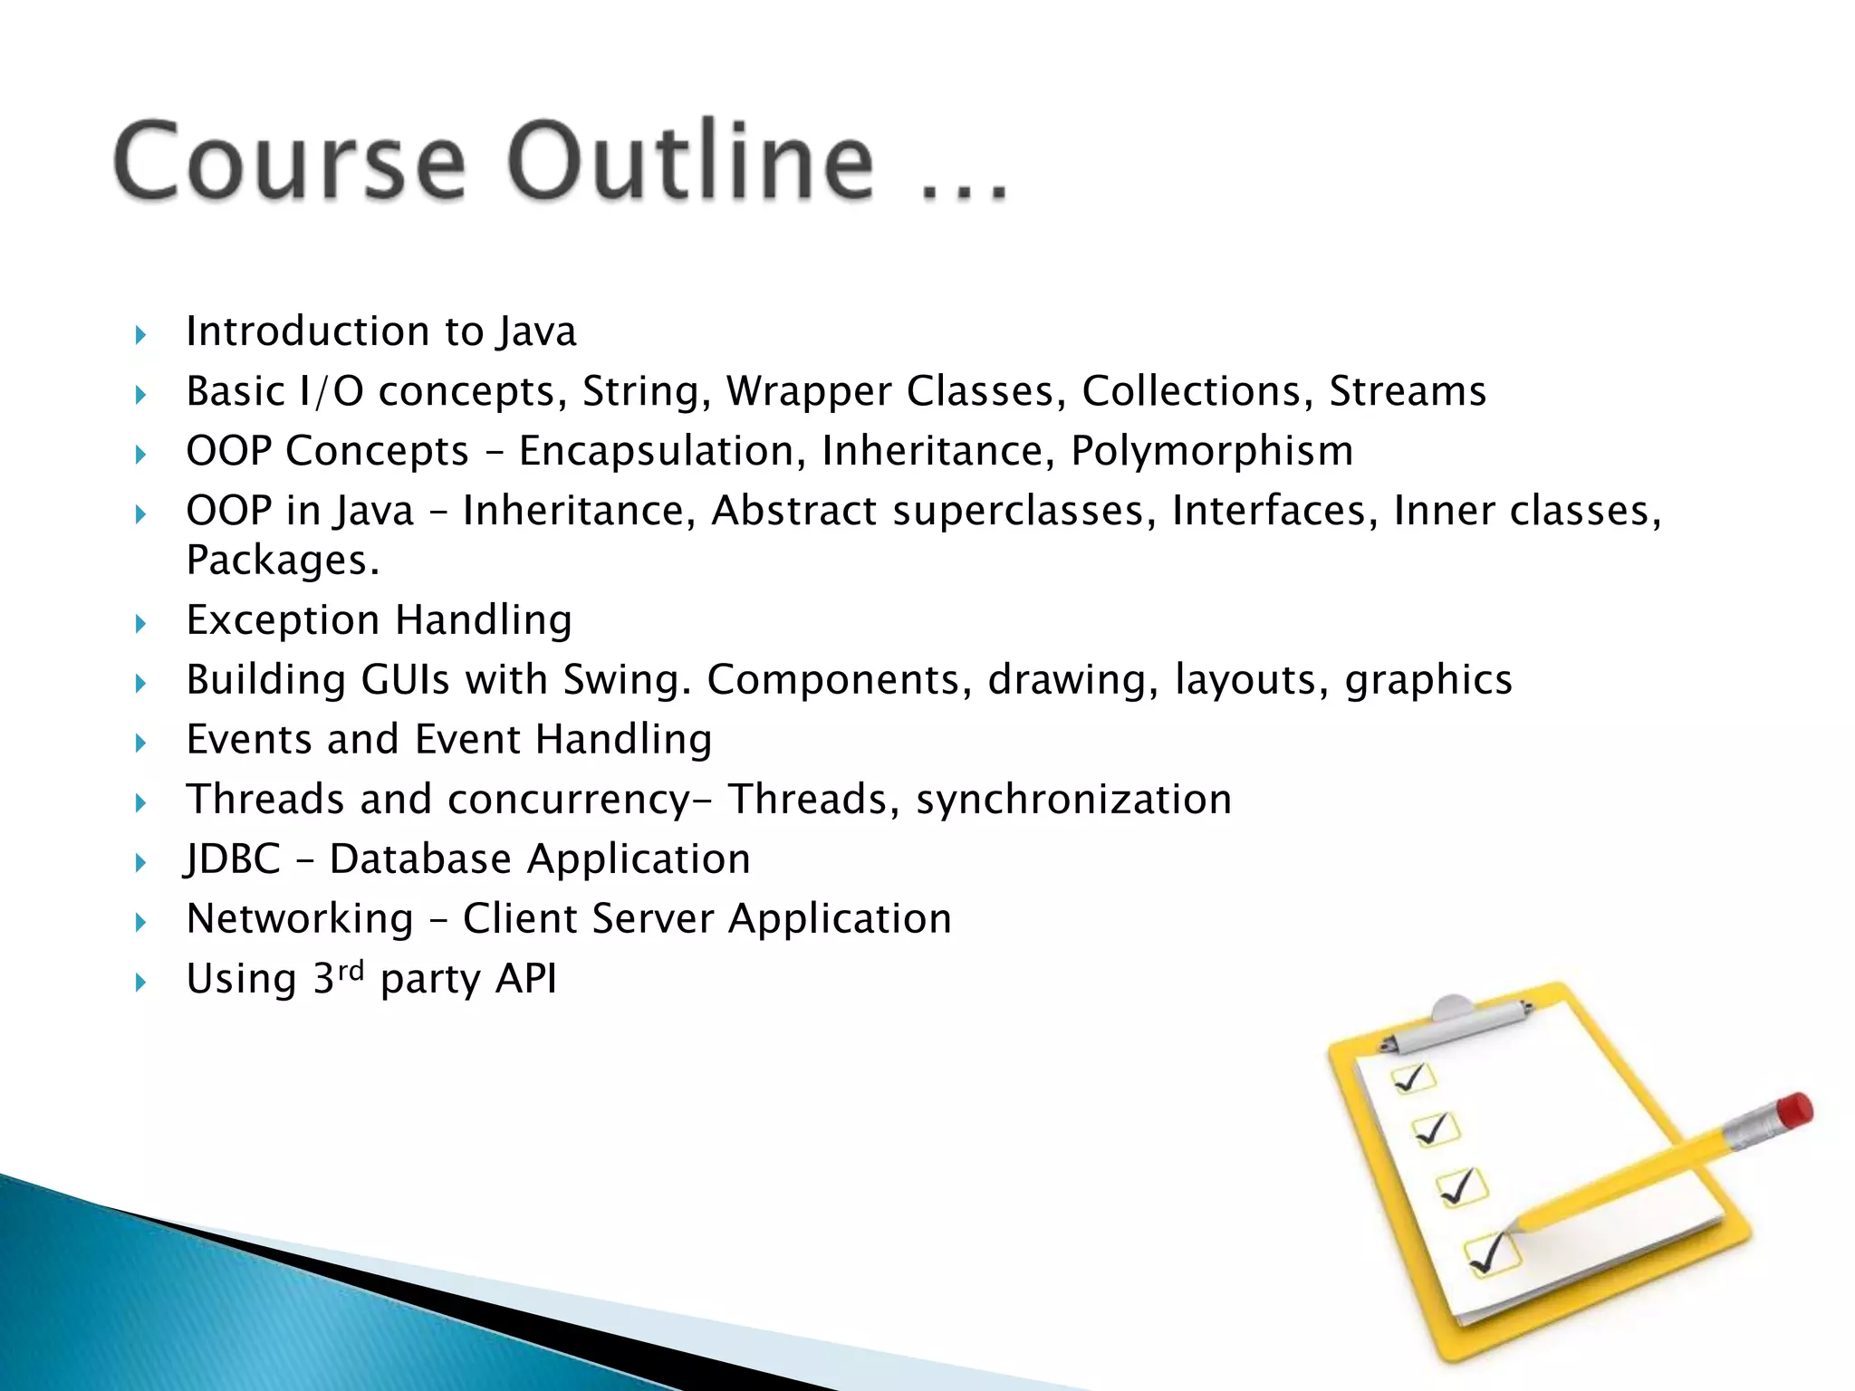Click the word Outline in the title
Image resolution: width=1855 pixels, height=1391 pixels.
692,161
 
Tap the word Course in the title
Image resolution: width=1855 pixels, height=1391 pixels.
290,161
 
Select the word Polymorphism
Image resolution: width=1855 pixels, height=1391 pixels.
1212,452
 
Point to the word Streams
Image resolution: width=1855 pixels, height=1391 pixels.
1408,392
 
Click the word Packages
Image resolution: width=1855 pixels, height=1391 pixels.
281,561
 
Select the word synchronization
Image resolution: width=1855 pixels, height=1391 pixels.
1073,800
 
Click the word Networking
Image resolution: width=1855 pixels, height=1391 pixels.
300,919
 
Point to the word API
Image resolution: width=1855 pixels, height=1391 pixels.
526,979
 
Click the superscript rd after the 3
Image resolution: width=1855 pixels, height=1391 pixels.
351,970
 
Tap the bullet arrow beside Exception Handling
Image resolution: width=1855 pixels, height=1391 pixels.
140,623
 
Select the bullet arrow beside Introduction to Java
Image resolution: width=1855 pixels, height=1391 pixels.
140,335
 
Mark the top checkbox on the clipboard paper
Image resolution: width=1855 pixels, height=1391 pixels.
1412,1079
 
